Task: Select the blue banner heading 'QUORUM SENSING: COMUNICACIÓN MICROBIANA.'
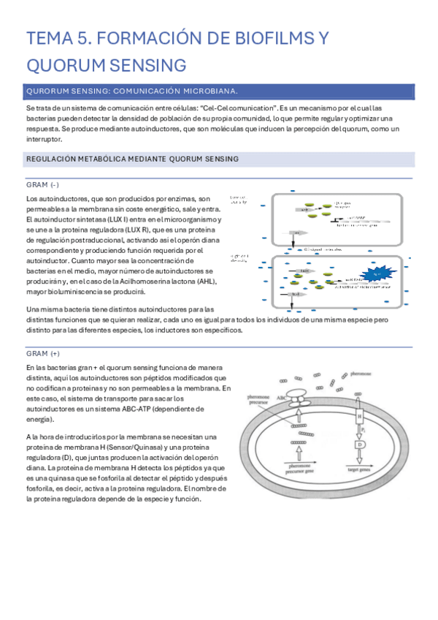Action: click(x=131, y=91)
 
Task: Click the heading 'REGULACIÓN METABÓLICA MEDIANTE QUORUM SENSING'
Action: click(x=131, y=159)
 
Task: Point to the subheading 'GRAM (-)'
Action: click(x=42, y=184)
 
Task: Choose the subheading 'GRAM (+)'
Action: click(x=42, y=353)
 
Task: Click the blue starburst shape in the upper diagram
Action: click(x=379, y=274)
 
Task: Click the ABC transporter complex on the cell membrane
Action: click(x=299, y=398)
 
